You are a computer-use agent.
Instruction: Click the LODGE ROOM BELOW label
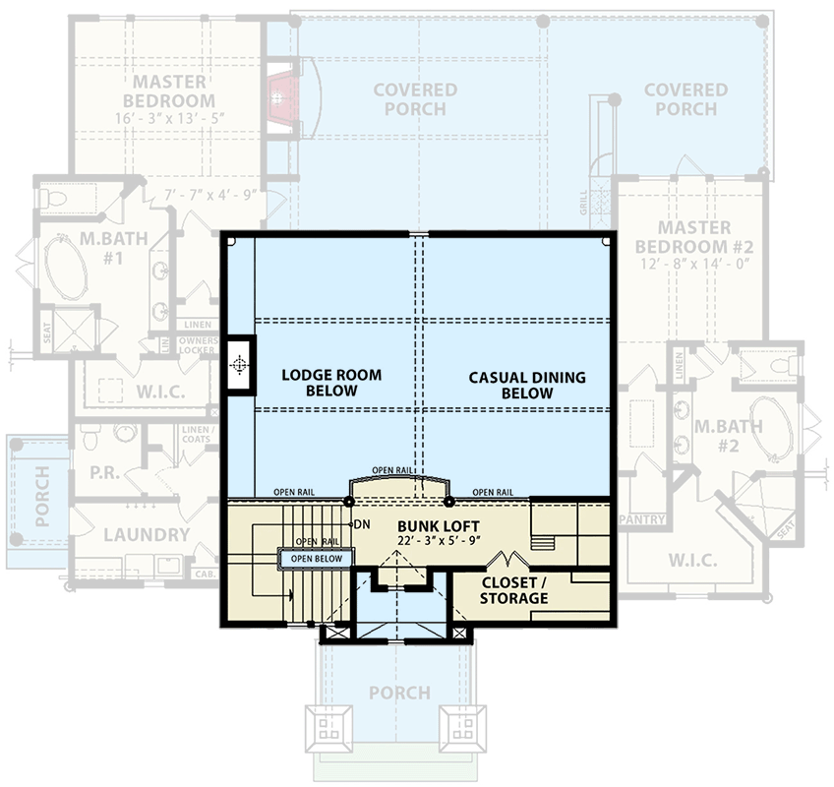point(331,383)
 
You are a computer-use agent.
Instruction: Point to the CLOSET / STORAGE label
point(514,590)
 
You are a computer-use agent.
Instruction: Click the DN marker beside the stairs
point(361,523)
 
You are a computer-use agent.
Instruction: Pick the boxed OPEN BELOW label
point(316,559)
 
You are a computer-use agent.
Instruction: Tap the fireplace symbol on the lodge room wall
point(238,365)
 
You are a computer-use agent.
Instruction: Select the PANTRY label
point(643,518)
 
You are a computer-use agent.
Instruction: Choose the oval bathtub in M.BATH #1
point(64,267)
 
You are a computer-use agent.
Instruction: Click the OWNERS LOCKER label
point(198,344)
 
